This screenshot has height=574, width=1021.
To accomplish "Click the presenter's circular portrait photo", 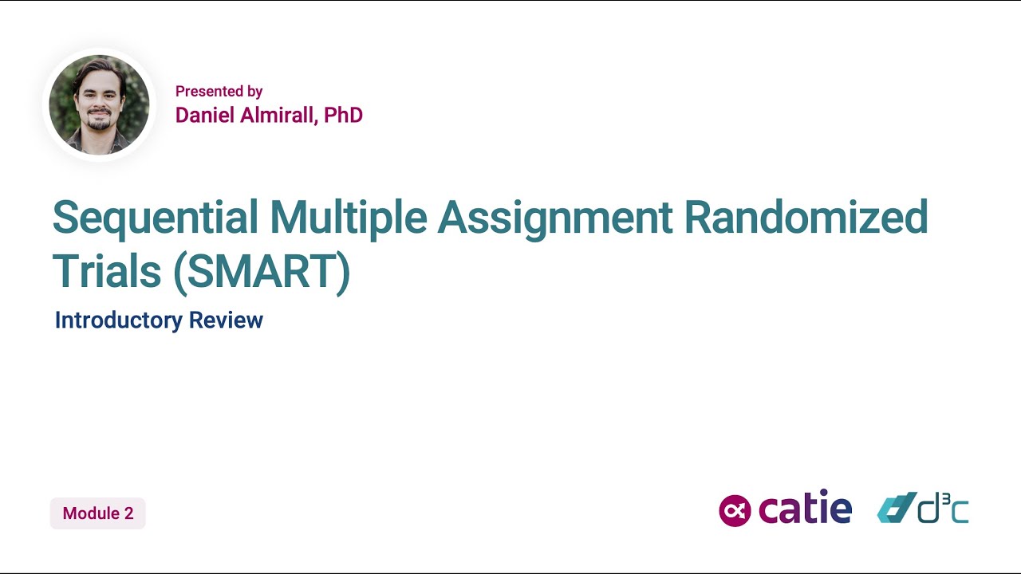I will (99, 104).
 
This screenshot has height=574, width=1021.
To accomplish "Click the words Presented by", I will (219, 91).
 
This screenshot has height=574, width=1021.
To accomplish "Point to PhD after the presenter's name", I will (344, 115).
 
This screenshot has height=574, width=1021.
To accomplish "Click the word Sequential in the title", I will (156, 217).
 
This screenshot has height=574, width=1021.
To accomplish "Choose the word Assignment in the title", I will (555, 217).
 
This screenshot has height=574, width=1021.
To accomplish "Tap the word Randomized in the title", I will (806, 217).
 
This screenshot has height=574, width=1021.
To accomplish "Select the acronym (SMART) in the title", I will (262, 272).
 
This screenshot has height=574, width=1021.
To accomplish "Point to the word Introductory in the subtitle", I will (119, 320).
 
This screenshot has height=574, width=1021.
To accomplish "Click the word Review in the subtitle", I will (227, 320).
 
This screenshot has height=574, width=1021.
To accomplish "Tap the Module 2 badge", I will (98, 513).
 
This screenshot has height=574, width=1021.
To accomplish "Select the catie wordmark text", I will (805, 509).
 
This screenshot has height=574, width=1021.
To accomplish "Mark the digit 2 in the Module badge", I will (128, 513).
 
